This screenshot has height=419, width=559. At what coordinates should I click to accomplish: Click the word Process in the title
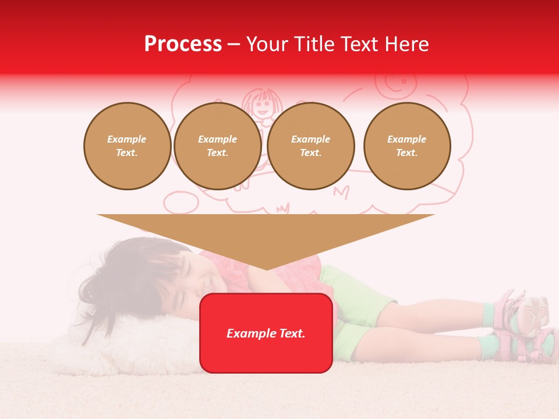(x=183, y=44)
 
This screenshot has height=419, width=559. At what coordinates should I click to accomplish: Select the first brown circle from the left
(x=127, y=146)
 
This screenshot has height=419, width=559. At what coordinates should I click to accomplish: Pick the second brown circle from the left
(x=217, y=146)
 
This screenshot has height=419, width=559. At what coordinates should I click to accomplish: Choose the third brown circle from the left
(x=310, y=146)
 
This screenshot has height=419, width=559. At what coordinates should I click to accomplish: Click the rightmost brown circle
(x=406, y=146)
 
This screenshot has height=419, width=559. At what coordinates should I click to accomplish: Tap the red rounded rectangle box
(x=266, y=333)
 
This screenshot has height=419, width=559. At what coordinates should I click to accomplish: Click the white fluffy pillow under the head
(x=116, y=343)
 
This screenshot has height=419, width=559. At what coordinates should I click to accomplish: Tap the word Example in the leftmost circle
(x=127, y=139)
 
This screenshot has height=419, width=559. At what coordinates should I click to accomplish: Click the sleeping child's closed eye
(x=188, y=269)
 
